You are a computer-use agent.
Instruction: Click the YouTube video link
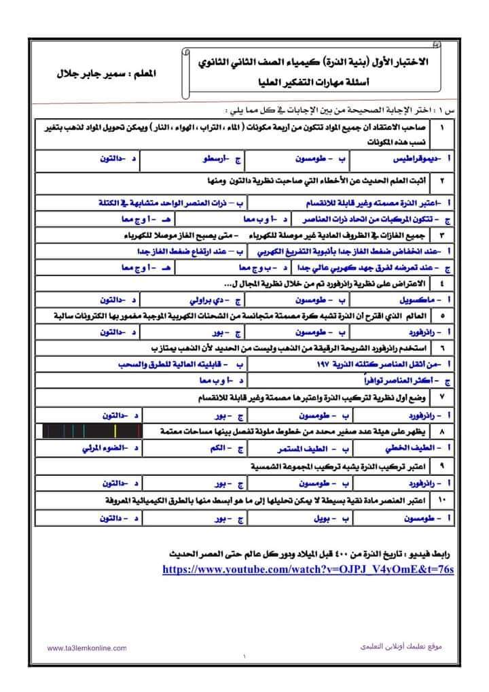click(x=308, y=568)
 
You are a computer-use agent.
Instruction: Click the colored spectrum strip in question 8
click(x=91, y=430)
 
